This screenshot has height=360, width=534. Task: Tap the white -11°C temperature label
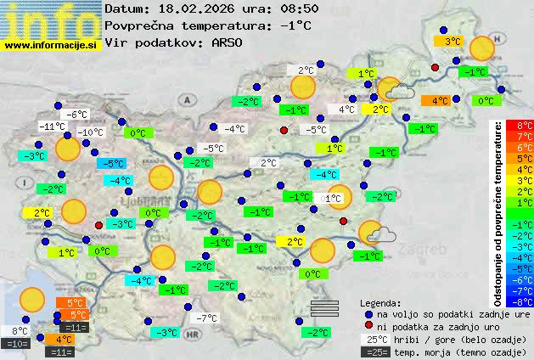(51, 127)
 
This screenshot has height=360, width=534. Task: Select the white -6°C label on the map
(77, 114)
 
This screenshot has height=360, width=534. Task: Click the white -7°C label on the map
(206, 318)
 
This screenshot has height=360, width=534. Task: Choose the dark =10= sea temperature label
(16, 344)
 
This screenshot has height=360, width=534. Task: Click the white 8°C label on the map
(20, 331)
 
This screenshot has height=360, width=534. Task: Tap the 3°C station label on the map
(451, 40)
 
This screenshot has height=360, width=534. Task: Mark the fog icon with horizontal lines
(324, 307)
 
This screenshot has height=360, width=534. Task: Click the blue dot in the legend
(368, 312)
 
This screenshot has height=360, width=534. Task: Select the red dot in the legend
(368, 325)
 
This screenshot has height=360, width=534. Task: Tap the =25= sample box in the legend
(378, 351)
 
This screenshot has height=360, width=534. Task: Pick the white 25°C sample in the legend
(378, 338)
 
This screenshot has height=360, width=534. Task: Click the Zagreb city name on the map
(428, 250)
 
